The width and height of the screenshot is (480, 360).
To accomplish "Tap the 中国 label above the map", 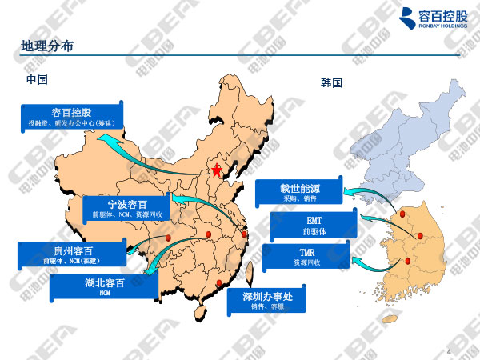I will click(37, 80).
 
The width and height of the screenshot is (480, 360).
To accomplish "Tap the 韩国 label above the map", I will click(331, 82).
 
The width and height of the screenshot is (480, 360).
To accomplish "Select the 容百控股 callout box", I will click(72, 117).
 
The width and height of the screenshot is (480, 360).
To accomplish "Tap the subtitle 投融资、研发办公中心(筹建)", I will click(72, 124).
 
